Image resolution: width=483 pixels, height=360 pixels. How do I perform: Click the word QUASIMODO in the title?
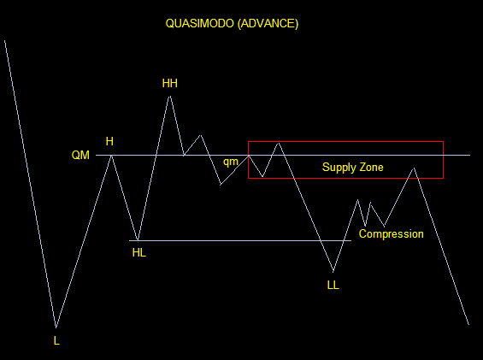tap(200, 24)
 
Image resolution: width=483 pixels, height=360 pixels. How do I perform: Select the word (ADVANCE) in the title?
tap(268, 24)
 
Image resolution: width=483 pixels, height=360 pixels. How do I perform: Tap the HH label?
tap(170, 83)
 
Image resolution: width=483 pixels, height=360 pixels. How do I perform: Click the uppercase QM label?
tap(80, 155)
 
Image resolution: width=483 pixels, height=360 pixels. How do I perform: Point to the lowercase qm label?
tap(231, 162)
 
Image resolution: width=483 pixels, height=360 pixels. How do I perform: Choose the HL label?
tap(139, 253)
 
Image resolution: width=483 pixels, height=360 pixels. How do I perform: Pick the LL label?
tap(333, 286)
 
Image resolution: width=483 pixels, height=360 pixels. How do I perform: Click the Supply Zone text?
tap(353, 168)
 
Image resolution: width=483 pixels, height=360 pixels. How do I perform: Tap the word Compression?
tap(392, 234)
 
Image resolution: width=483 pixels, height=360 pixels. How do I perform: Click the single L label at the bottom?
tap(56, 341)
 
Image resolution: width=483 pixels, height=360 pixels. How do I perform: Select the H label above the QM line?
tap(109, 141)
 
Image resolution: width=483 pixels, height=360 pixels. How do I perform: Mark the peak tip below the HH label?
tap(170, 96)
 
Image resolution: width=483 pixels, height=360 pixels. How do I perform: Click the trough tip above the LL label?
tap(333, 272)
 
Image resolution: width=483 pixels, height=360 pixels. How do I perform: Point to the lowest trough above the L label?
tap(56, 328)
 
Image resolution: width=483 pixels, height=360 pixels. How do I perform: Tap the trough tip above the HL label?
tap(138, 240)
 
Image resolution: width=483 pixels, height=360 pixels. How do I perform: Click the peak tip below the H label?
tap(111, 156)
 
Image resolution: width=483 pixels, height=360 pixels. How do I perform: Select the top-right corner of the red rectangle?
tap(444, 142)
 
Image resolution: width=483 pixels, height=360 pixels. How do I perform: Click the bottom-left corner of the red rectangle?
tap(248, 178)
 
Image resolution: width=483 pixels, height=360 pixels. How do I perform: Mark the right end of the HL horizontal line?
tap(351, 240)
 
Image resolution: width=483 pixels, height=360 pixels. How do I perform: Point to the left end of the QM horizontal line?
tap(96, 155)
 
